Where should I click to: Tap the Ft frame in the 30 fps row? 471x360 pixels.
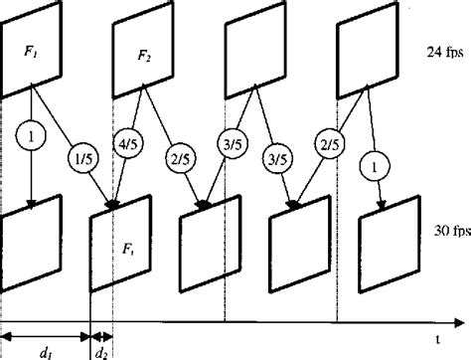tap(120, 243)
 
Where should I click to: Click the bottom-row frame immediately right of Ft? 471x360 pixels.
tap(209, 243)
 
